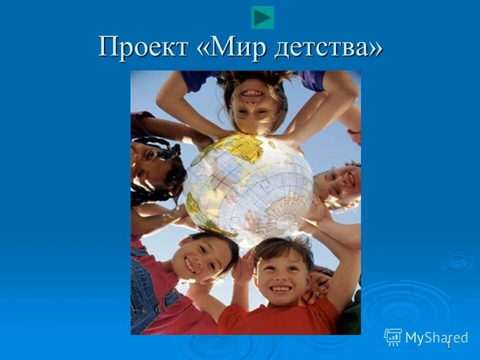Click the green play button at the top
[x=262, y=18]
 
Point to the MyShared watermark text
[x=436, y=337]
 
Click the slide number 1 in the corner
[x=448, y=345]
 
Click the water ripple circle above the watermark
[x=457, y=261]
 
